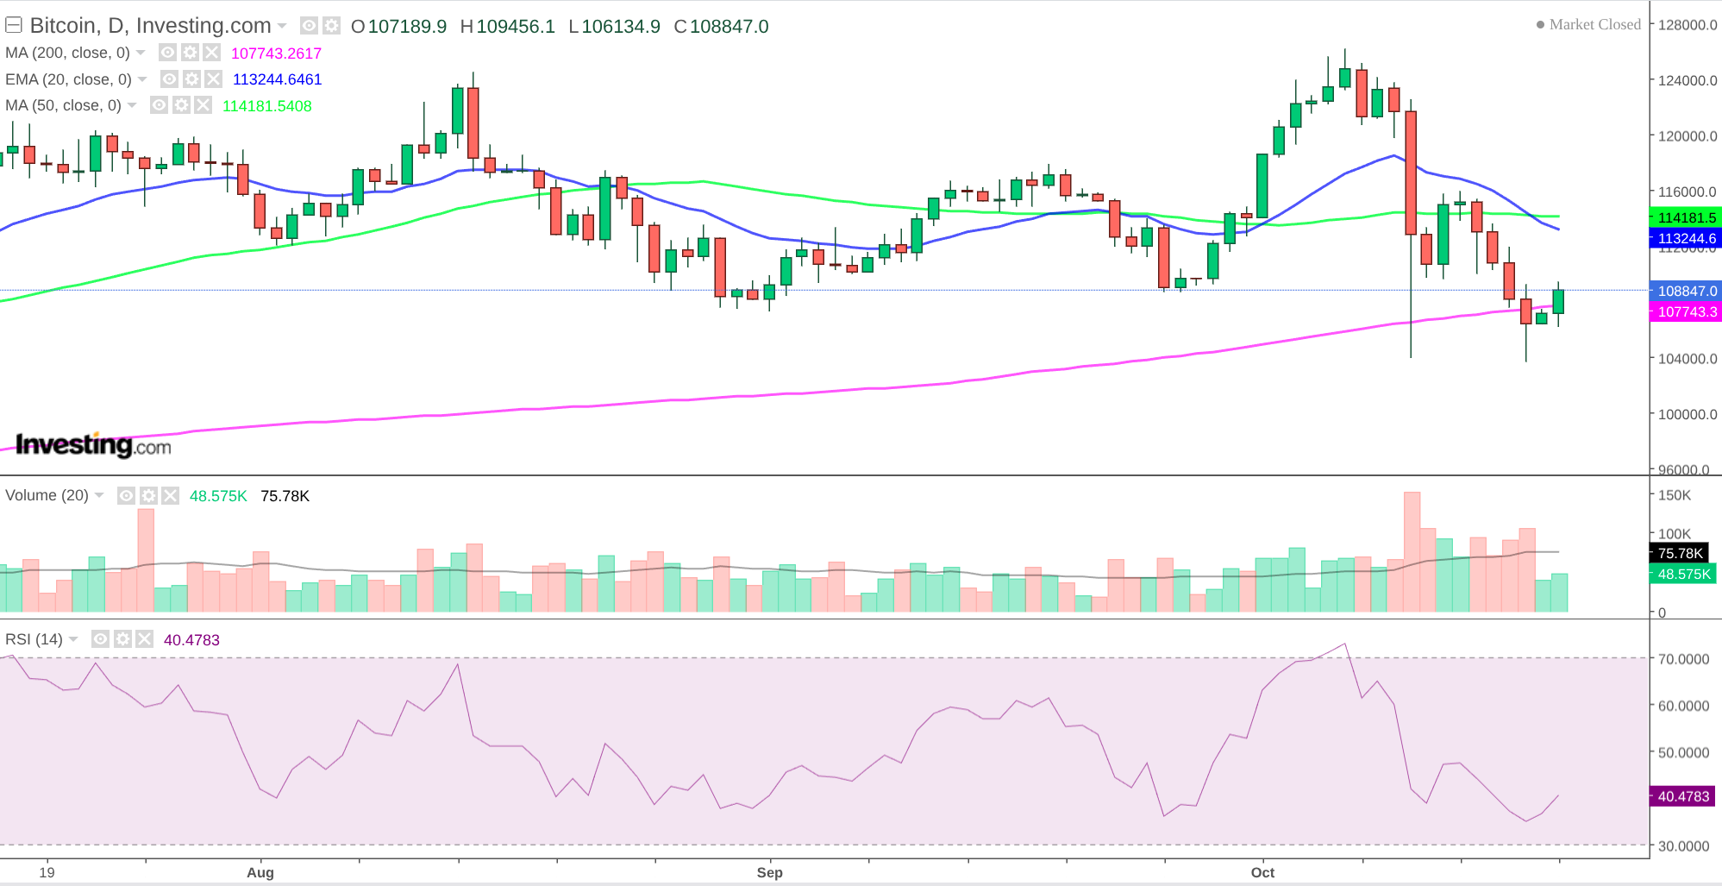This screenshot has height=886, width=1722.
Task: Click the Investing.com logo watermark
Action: [93, 445]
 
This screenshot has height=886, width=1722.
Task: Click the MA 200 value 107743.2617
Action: [276, 53]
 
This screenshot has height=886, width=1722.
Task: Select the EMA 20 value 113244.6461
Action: [277, 79]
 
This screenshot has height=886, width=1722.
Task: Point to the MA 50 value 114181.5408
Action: [267, 106]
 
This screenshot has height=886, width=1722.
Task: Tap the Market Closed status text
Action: [1594, 25]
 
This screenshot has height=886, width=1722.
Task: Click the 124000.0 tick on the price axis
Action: [1688, 81]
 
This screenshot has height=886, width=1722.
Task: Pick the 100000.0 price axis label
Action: [1688, 415]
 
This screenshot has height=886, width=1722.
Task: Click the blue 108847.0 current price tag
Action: [1686, 292]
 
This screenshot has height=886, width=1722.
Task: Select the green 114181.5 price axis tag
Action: [1686, 218]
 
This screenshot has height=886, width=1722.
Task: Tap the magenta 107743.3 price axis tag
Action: [1686, 312]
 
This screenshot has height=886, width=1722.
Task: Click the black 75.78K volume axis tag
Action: [1680, 554]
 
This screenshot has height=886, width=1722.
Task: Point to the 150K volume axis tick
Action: [1675, 496]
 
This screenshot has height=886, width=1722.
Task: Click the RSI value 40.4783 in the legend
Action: [191, 640]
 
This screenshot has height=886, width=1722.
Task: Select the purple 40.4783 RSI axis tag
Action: [1682, 797]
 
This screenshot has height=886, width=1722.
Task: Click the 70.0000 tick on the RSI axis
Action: [1683, 659]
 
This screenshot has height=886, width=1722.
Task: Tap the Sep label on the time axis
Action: [769, 872]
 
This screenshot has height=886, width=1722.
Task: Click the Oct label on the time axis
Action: [1262, 872]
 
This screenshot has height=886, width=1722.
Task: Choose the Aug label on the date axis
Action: [260, 872]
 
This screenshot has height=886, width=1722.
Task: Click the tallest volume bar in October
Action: [1412, 552]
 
